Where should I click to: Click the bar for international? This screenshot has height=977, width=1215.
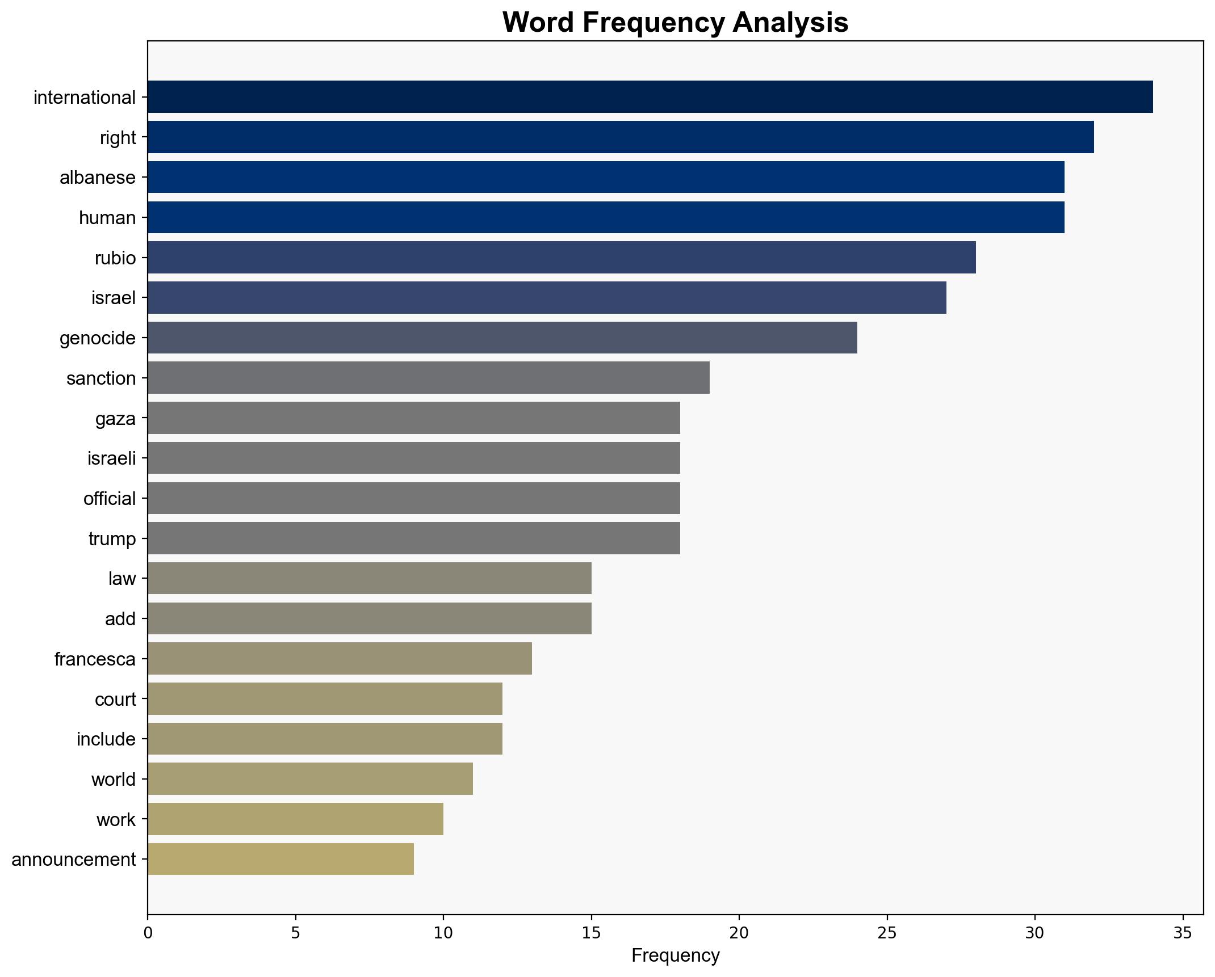650,97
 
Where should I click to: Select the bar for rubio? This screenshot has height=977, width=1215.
562,258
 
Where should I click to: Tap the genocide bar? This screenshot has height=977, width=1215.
502,338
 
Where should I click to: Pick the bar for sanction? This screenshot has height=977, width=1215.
429,378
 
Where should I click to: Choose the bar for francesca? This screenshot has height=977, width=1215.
340,659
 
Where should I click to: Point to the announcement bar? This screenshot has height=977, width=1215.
280,860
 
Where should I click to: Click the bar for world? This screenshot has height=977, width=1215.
310,779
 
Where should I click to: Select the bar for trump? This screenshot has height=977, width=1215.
414,538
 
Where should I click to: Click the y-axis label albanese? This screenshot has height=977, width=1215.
98,178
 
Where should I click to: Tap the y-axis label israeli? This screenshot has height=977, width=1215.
112,458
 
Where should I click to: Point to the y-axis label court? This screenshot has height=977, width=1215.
115,699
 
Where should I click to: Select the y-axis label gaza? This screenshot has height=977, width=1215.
116,418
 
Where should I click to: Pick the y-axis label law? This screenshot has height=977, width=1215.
122,579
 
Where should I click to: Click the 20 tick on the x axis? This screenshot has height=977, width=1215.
739,933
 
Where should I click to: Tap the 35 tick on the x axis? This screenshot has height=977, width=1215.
1183,933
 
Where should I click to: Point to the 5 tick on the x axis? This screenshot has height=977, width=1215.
295,933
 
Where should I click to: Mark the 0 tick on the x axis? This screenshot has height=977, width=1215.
148,933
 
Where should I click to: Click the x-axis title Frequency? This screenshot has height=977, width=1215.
675,956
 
